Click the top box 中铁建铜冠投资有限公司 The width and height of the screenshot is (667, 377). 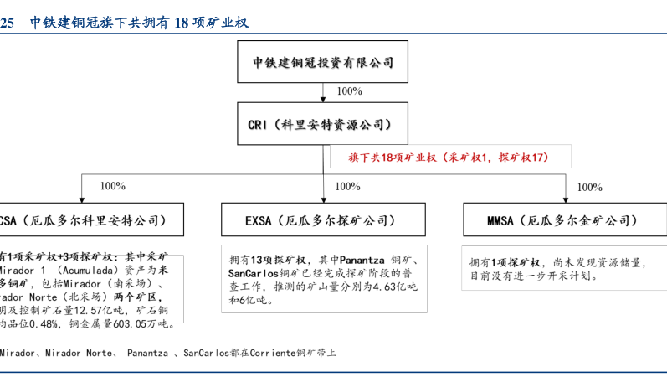point(323,62)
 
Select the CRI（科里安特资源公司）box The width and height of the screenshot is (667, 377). point(323,124)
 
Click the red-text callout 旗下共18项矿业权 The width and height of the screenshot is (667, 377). point(449,157)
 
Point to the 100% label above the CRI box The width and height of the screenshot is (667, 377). point(348,91)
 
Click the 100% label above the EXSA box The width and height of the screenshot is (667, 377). point(347,186)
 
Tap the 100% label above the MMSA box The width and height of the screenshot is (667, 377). point(589,187)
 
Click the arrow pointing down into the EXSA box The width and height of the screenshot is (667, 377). point(323,195)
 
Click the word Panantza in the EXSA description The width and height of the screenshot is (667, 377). point(363,261)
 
